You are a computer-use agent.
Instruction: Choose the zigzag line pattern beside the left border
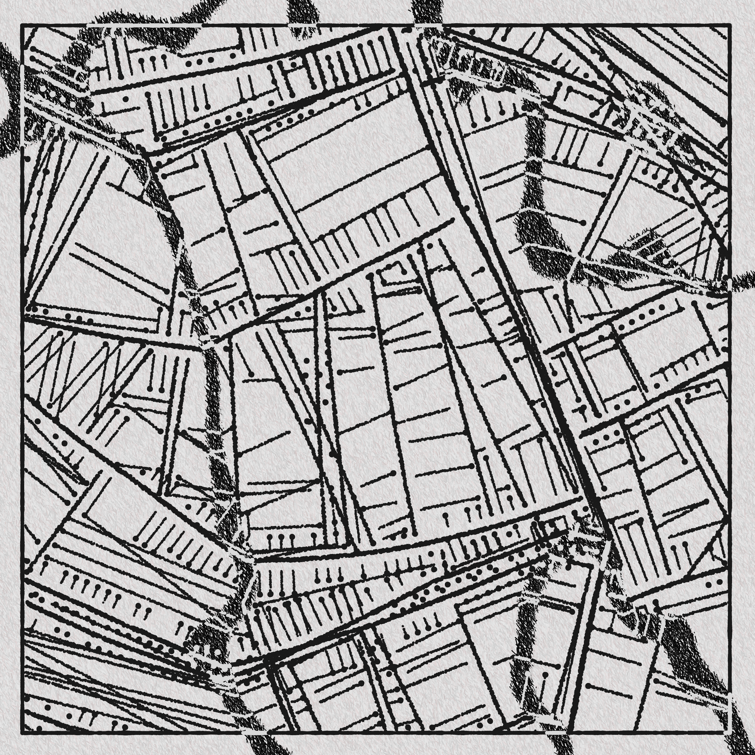(78, 371)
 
